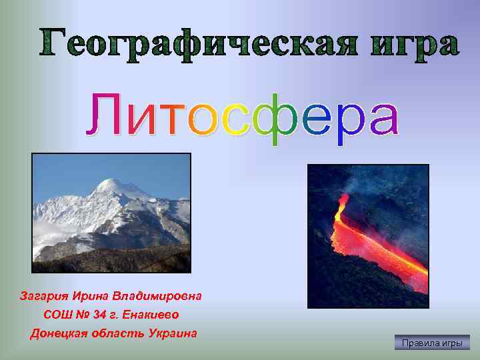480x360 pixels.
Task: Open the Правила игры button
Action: point(431,343)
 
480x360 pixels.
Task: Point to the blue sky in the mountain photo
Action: point(67,173)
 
